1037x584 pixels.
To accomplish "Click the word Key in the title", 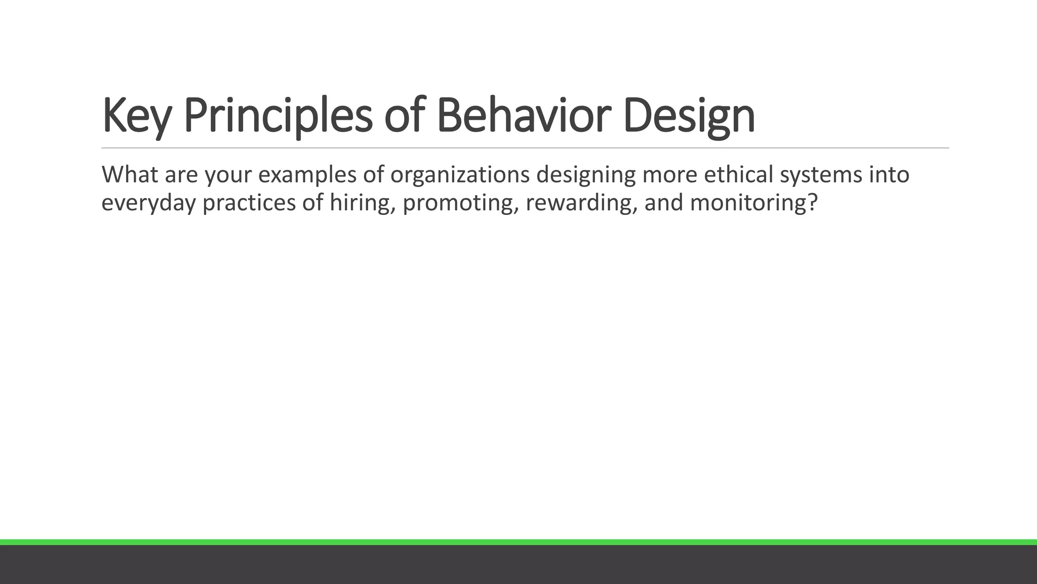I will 136,116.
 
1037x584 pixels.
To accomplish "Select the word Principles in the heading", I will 277,116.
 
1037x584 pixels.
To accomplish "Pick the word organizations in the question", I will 460,175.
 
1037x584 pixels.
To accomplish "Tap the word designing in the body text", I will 586,175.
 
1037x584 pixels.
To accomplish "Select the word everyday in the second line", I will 148,203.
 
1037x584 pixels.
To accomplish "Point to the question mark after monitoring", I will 813,202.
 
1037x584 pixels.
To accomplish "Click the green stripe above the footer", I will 518,542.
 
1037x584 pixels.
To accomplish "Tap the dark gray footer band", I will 518,565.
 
